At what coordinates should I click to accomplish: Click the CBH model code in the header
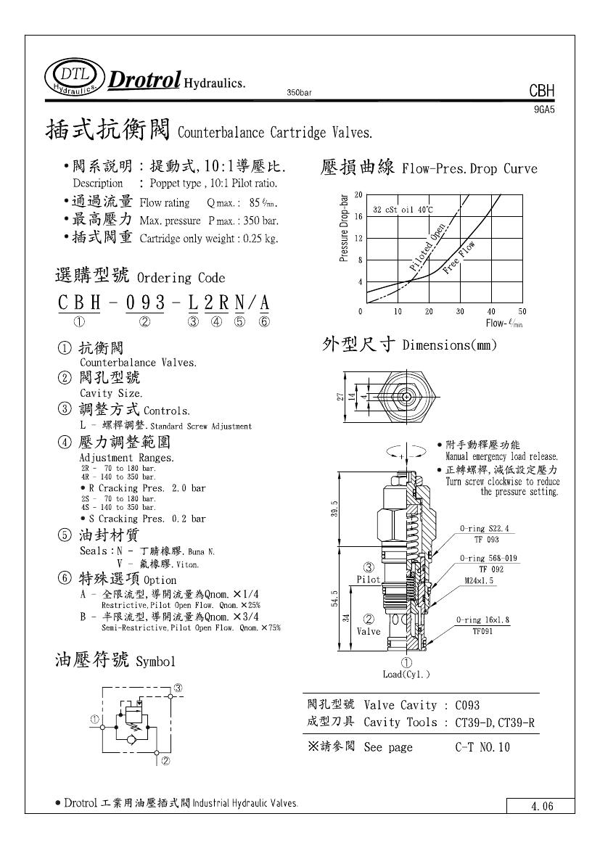541,91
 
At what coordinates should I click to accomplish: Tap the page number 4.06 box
541,806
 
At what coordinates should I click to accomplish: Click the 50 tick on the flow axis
522,311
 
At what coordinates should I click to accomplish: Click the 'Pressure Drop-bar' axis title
345,227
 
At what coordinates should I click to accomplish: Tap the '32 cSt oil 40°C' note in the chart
403,210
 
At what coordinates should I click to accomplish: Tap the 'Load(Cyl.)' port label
406,674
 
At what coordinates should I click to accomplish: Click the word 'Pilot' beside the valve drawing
369,580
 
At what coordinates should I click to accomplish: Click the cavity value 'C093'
468,705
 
